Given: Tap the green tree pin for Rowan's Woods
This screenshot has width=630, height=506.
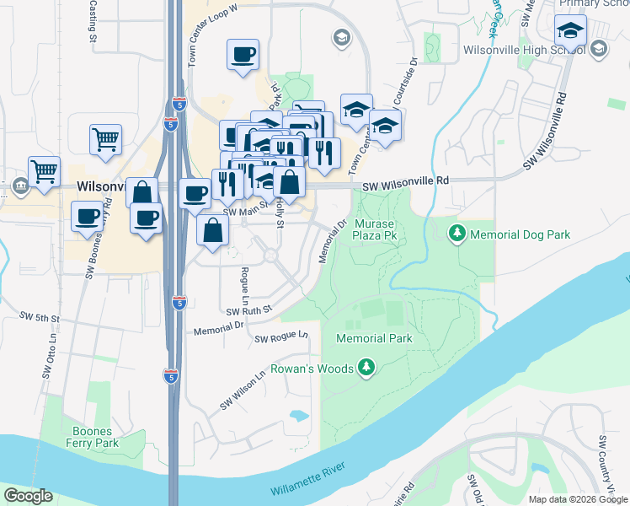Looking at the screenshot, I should tap(366, 368).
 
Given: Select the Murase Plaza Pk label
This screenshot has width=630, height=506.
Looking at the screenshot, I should tap(375, 230).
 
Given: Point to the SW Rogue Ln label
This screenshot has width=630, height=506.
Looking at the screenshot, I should tap(281, 338).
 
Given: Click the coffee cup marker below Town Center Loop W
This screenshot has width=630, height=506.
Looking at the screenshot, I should tap(243, 56).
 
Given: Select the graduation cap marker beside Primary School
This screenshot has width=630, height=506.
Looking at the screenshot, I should tap(570, 32).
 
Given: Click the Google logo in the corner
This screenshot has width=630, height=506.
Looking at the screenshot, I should tap(28, 496).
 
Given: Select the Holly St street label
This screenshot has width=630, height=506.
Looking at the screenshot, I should tap(280, 213).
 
